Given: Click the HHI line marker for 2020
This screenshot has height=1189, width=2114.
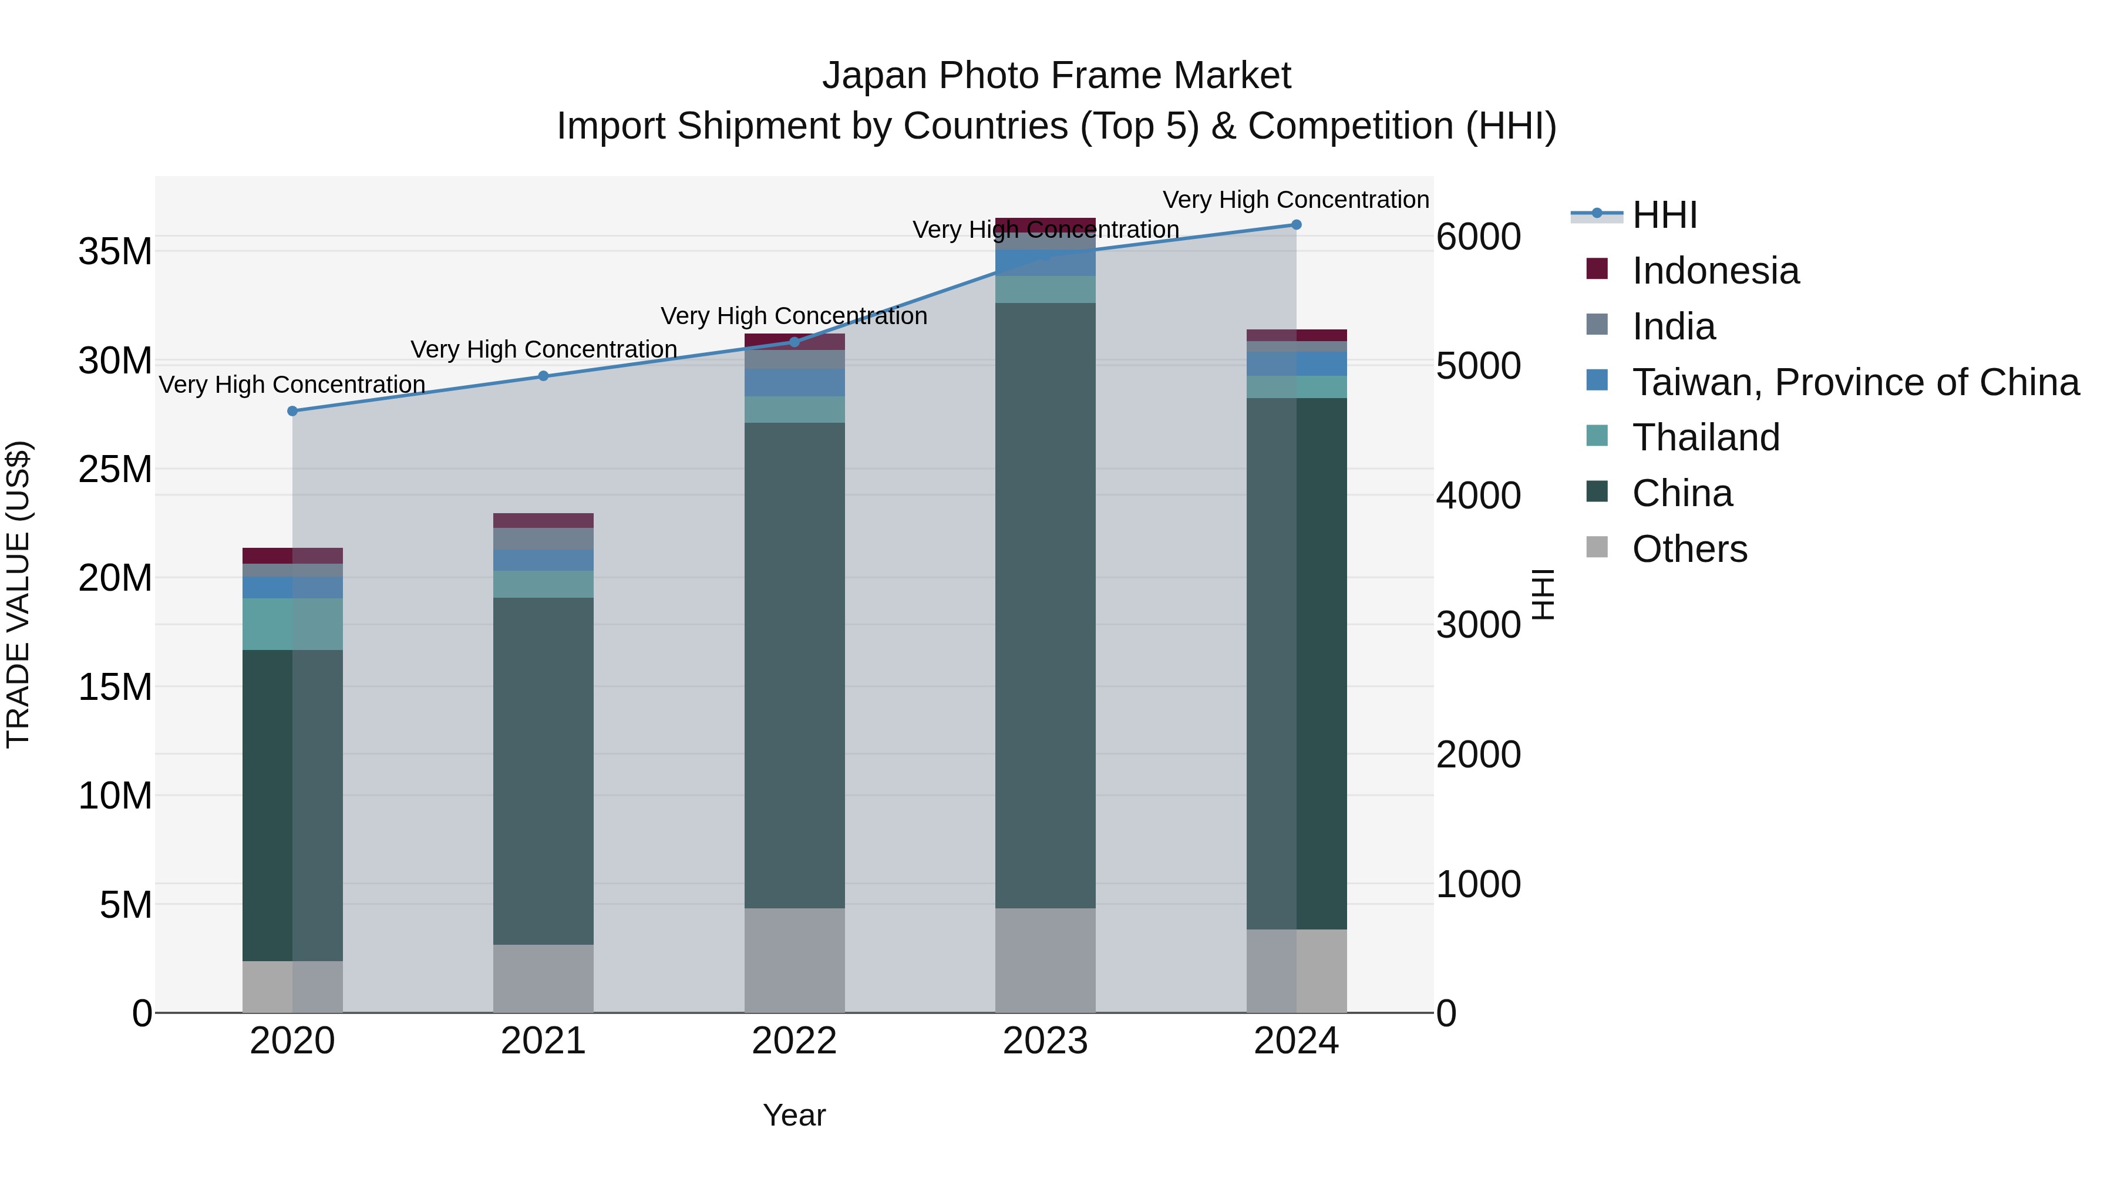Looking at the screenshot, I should (292, 411).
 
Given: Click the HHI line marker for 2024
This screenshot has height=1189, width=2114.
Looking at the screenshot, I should (1296, 225).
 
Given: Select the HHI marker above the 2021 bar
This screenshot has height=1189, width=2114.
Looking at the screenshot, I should (543, 376).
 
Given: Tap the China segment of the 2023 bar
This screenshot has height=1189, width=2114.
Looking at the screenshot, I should (1045, 605).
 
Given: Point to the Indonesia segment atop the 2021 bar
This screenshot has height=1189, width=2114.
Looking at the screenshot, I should (543, 520).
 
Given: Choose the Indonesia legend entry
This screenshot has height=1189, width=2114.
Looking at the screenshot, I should (1715, 271).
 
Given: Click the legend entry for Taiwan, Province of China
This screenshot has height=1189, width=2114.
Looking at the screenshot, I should (1854, 382).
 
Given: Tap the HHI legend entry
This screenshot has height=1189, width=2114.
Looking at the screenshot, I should (1664, 215).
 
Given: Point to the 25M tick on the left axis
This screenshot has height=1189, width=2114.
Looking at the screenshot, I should (115, 469).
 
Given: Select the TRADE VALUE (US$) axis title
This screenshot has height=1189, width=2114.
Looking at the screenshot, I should (18, 594).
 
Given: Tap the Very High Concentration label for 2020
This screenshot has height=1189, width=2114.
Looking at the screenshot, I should (292, 384).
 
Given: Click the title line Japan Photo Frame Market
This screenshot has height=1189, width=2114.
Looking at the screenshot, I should (1056, 76).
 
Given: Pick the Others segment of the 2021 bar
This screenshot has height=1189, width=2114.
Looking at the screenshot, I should (543, 978).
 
